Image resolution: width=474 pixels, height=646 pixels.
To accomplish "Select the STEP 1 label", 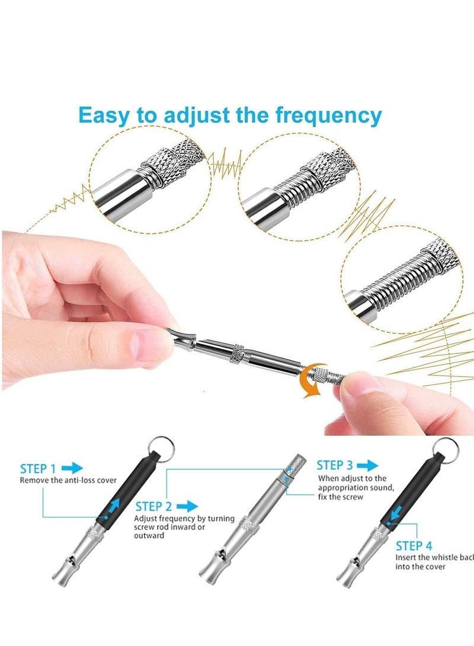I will (39, 469).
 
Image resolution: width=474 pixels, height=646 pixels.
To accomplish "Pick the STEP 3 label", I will (335, 465).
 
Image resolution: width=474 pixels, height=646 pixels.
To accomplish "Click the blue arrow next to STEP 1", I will (72, 468).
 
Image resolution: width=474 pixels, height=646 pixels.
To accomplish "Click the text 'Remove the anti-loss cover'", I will (68, 480).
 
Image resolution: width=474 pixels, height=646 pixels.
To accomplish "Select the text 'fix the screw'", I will (340, 497).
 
